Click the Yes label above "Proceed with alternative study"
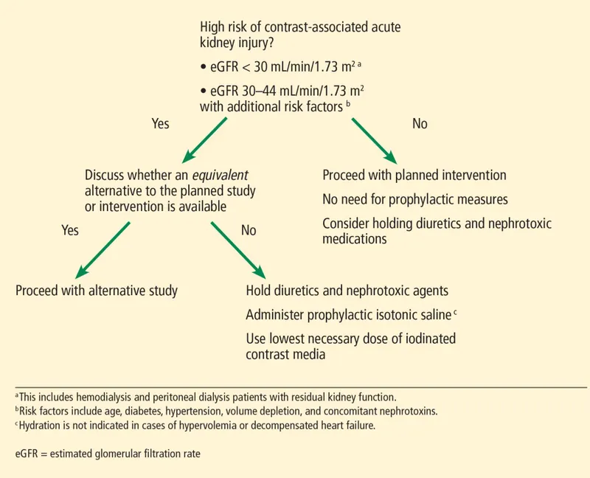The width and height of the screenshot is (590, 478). [x=70, y=231]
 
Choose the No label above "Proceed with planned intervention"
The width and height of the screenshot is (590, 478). [x=419, y=124]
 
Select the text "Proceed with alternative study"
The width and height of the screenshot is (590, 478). [x=97, y=291]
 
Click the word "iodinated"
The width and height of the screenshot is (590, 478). [x=430, y=339]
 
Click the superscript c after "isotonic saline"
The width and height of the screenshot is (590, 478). [x=456, y=312]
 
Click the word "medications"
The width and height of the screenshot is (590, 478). [x=355, y=239]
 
